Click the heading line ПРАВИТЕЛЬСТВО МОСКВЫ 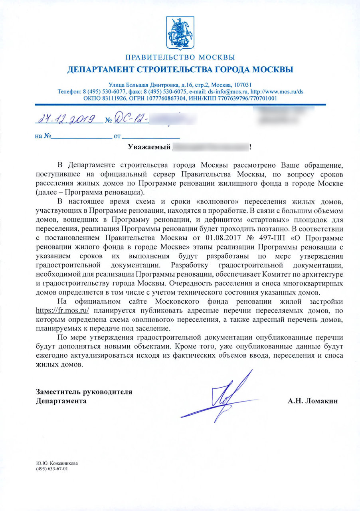180,57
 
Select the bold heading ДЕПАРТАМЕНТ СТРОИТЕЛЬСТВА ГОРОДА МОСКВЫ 180,70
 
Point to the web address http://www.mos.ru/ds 279,91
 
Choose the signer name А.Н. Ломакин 313,401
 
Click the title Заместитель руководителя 84,392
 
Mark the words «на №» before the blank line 42,136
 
